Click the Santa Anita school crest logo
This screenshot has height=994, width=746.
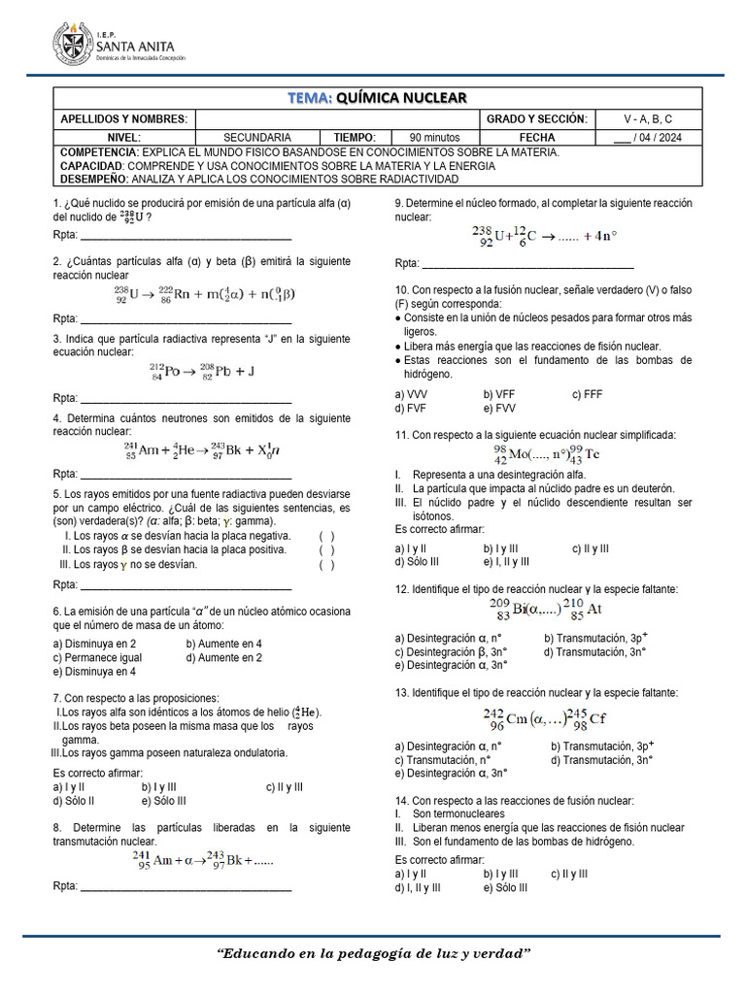pos(73,45)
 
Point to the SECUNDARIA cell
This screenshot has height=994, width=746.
pos(256,138)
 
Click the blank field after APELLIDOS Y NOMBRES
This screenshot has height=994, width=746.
pos(336,118)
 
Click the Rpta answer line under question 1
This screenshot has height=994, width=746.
pos(185,236)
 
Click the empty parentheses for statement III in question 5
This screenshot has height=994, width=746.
pos(326,564)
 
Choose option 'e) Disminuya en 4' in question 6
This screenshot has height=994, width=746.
pos(95,671)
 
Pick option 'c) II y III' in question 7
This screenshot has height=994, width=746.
pos(284,787)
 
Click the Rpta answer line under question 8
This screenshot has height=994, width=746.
pos(185,888)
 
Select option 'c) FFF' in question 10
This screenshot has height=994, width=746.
pos(588,394)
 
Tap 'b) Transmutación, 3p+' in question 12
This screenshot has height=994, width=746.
pos(595,638)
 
